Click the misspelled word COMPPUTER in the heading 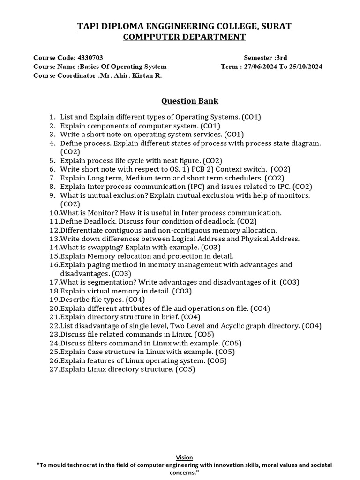[152, 37]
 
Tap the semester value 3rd [281, 58]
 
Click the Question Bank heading [190, 101]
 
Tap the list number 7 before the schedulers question [52, 178]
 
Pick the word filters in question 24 [97, 343]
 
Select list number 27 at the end [54, 369]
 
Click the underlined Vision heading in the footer [184, 457]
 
